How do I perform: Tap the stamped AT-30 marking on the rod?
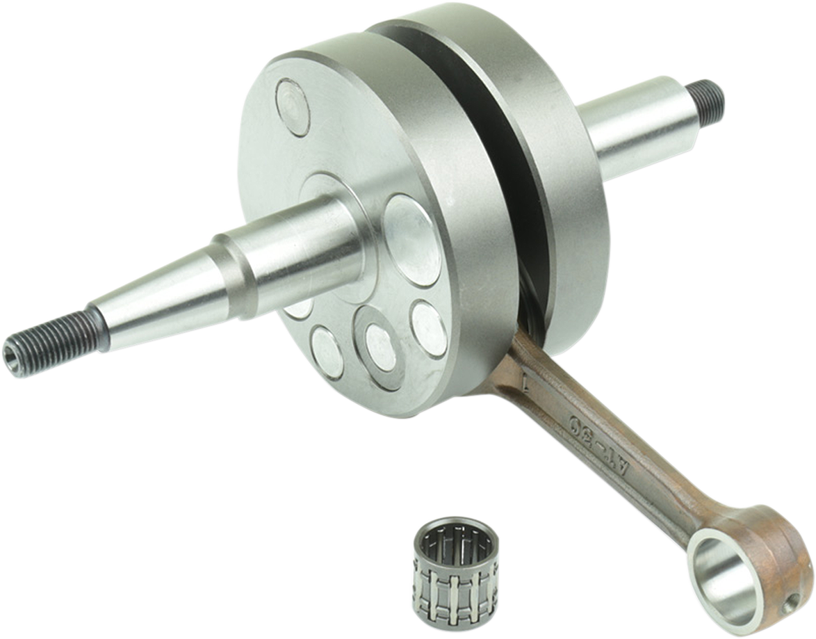(597, 445)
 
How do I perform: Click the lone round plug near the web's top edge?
(293, 106)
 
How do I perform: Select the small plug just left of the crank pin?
(327, 352)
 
